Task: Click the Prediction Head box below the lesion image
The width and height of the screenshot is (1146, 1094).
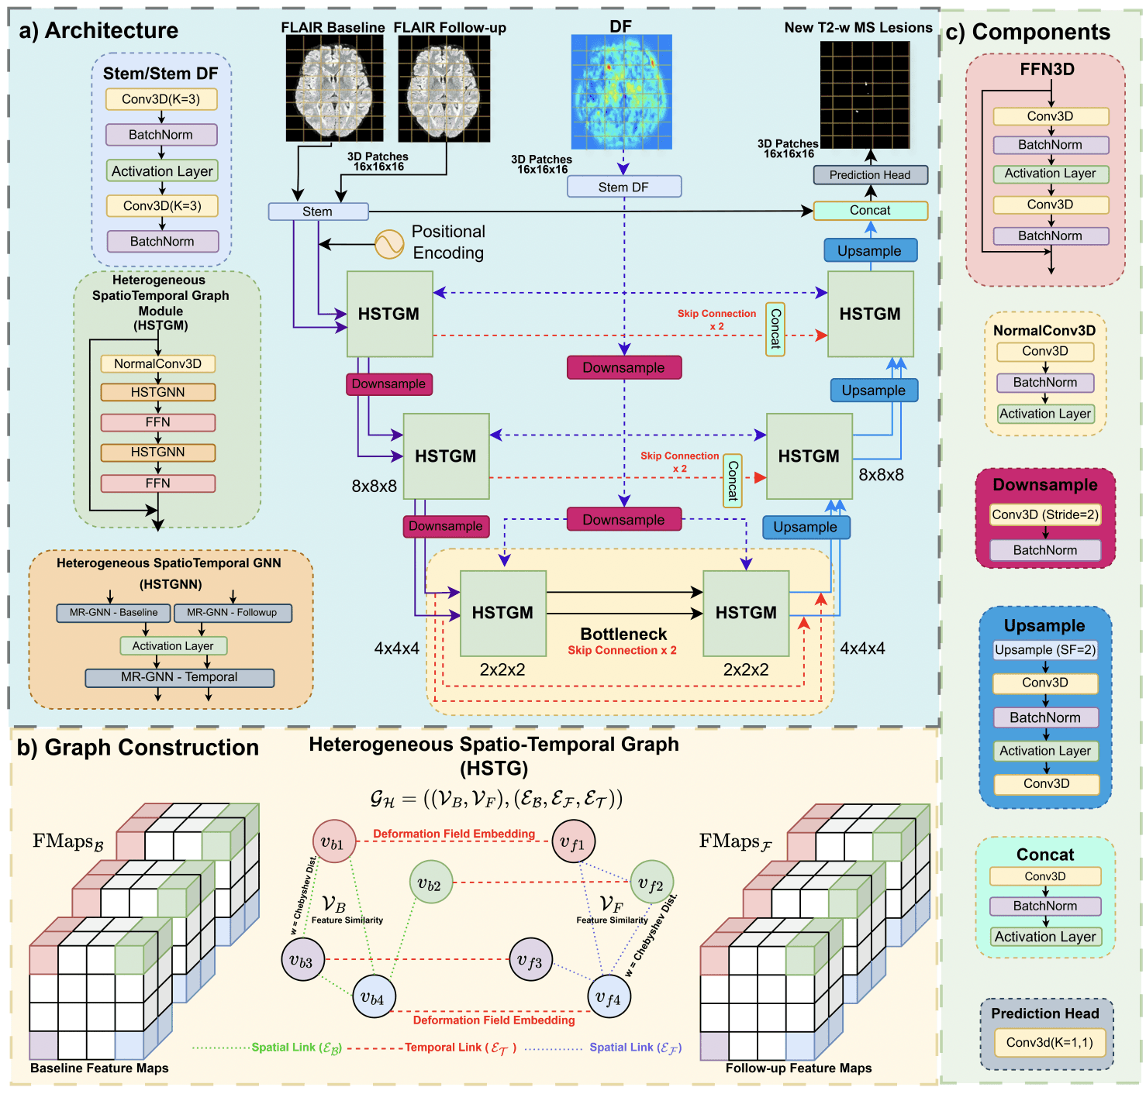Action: [x=870, y=175]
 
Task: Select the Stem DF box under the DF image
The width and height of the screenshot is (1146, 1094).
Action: [x=623, y=187]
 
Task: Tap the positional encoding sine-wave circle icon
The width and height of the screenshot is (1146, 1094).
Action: [x=389, y=244]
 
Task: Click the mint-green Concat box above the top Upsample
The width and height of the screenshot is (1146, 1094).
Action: [x=870, y=210]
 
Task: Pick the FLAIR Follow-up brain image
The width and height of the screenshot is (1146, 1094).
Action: [x=444, y=88]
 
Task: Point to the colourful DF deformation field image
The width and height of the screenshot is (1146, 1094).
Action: [x=621, y=91]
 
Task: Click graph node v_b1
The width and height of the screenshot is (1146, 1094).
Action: [x=333, y=841]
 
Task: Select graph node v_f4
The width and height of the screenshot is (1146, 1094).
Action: [x=609, y=997]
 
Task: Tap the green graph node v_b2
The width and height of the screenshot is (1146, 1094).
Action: [x=430, y=882]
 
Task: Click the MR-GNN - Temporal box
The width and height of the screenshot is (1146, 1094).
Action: [x=179, y=677]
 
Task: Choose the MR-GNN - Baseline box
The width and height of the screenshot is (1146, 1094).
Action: [x=113, y=613]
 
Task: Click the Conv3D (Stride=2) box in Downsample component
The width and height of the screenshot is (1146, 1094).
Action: [x=1045, y=514]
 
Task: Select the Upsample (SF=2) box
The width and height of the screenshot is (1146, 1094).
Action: [x=1045, y=649]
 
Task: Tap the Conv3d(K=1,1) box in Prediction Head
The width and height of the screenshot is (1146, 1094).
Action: [x=1049, y=1042]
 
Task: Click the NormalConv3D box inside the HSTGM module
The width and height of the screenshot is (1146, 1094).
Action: [x=157, y=363]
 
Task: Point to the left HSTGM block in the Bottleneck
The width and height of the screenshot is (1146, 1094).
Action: [x=503, y=613]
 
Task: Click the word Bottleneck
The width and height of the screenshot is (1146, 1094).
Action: [x=623, y=634]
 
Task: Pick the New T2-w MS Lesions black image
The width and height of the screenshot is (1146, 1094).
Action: [x=865, y=95]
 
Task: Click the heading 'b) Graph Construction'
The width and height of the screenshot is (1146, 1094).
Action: [x=138, y=748]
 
